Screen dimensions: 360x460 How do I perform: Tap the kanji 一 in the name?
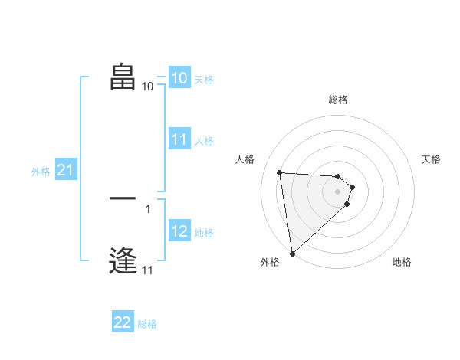tap(123, 198)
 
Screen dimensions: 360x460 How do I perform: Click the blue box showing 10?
tap(179, 78)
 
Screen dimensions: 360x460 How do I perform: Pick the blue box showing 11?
tap(179, 139)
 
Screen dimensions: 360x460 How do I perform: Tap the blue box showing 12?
tap(179, 231)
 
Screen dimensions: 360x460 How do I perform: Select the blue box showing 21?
tap(65, 171)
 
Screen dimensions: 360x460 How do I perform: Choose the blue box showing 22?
tap(123, 322)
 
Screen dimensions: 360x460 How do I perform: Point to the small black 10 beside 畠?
tap(148, 87)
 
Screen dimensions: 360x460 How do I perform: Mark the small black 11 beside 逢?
tap(147, 270)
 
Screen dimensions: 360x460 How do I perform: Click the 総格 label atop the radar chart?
tap(338, 100)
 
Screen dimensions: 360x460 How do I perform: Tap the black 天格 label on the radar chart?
tap(431, 159)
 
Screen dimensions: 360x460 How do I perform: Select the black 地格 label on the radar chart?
tap(402, 262)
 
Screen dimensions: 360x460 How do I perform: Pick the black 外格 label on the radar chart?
tap(270, 262)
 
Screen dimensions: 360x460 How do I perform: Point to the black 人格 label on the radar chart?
tap(245, 159)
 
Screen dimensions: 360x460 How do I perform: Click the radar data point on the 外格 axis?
tap(292, 253)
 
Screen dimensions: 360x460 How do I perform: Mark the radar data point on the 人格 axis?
tap(280, 172)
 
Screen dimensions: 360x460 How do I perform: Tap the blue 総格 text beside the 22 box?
tap(147, 324)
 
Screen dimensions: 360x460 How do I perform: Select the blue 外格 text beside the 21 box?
tap(41, 172)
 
